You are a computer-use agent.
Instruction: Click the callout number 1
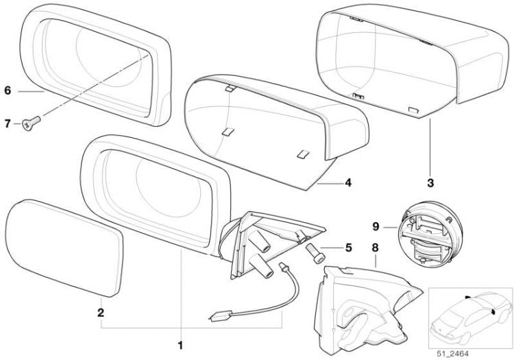[180, 345]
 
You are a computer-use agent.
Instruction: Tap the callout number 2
[101, 313]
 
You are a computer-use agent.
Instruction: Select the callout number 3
[430, 183]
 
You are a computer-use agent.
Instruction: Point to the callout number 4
[348, 182]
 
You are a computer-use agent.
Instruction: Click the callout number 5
[348, 248]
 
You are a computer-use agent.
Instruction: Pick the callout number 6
[8, 90]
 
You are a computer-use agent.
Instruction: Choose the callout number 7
[8, 123]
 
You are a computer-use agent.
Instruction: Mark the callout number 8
[375, 248]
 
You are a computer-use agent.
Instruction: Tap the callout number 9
[376, 226]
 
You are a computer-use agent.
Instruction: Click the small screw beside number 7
[31, 123]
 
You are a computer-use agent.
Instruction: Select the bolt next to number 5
[315, 253]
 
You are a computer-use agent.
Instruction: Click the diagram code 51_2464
[452, 353]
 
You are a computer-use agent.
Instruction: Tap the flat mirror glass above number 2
[64, 248]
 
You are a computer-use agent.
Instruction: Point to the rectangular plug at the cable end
[221, 316]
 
